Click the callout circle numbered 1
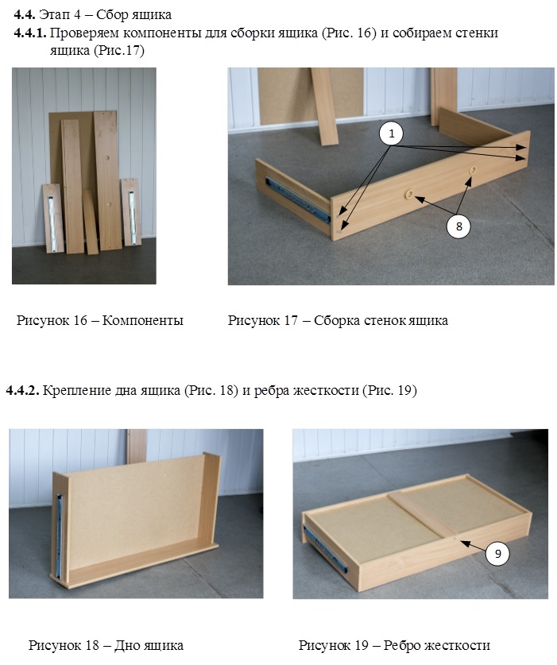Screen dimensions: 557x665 (391, 133)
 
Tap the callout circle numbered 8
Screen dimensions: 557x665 (458, 226)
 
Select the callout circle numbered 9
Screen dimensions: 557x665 (497, 554)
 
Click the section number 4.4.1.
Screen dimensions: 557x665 (30, 33)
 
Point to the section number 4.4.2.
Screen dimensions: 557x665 (23, 390)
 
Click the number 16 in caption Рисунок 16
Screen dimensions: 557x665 (79, 320)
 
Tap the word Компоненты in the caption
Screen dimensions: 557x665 (143, 320)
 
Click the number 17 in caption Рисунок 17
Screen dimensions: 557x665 (291, 320)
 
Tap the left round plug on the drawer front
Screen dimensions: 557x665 (409, 194)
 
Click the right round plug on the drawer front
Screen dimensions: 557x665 (472, 170)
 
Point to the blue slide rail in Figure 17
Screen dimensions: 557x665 (297, 199)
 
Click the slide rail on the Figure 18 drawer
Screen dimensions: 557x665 (60, 535)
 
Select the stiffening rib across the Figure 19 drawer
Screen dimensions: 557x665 (424, 516)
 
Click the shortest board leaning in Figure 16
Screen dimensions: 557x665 (91, 222)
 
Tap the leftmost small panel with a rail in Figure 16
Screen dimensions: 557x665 (53, 218)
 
